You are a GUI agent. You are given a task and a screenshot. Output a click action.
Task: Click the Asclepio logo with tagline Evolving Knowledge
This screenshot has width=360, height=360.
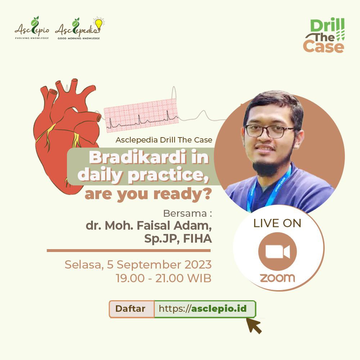point(32,28)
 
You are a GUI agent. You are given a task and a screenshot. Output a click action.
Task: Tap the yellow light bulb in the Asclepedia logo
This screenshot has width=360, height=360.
point(99,24)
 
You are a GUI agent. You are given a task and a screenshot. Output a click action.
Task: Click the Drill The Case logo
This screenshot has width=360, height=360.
point(324,36)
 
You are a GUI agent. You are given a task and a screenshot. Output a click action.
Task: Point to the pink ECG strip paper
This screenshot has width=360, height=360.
point(141,116)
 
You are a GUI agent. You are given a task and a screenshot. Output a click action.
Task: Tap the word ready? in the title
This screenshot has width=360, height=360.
point(182,194)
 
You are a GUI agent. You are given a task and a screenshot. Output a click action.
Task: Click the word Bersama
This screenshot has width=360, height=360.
point(185,213)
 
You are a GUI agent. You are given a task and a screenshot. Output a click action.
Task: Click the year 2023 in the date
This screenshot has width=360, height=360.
point(198,265)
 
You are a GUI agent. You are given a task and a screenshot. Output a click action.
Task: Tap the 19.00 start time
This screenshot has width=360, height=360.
point(130,278)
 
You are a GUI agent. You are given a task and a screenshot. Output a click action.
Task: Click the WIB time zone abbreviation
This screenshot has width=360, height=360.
point(199,278)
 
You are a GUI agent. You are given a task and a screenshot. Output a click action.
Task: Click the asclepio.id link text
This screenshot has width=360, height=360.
point(219,309)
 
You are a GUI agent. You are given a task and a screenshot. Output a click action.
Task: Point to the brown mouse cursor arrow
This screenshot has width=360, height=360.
point(254,325)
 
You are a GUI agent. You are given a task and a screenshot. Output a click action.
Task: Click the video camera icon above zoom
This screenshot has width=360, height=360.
point(278,252)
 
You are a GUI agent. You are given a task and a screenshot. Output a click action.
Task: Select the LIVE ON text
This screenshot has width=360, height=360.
point(277,223)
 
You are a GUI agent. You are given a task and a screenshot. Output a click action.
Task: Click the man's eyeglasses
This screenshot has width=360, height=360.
point(269,131)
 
